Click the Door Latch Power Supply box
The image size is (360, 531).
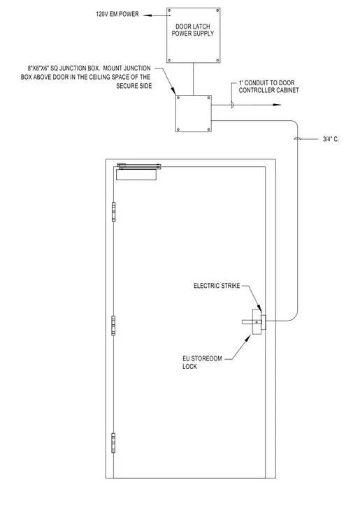[193, 35]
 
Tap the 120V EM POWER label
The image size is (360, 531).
[117, 14]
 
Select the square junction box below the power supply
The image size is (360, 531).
[194, 113]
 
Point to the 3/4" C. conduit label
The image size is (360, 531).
[331, 139]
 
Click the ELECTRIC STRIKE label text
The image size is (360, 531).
[217, 286]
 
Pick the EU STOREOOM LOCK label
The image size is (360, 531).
[202, 363]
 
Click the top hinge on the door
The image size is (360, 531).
[114, 212]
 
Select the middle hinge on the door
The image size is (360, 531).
[114, 326]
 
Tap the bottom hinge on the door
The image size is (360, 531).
[114, 442]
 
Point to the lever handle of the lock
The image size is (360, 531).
[250, 322]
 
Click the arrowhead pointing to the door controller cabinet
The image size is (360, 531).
[277, 105]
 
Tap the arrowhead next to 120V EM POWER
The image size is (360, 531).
[147, 15]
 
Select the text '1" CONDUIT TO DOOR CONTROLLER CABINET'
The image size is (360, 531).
[269, 87]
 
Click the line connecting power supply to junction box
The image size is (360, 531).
[194, 79]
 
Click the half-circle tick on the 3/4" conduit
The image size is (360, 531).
[297, 138]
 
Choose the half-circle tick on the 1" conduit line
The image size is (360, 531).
[232, 105]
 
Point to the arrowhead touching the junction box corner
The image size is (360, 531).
[173, 92]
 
